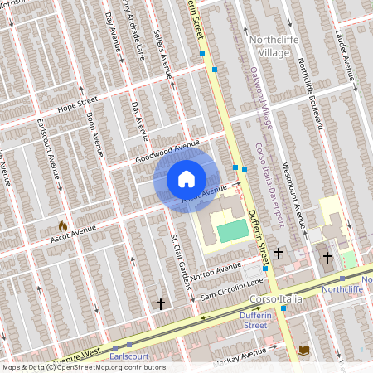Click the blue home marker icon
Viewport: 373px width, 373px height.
(x=186, y=178)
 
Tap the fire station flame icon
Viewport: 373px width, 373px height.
(x=62, y=225)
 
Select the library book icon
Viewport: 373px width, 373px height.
(x=303, y=351)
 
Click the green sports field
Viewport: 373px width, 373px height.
(x=233, y=230)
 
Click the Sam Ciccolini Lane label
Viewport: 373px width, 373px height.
(x=230, y=284)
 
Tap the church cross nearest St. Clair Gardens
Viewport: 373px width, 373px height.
(x=161, y=304)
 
